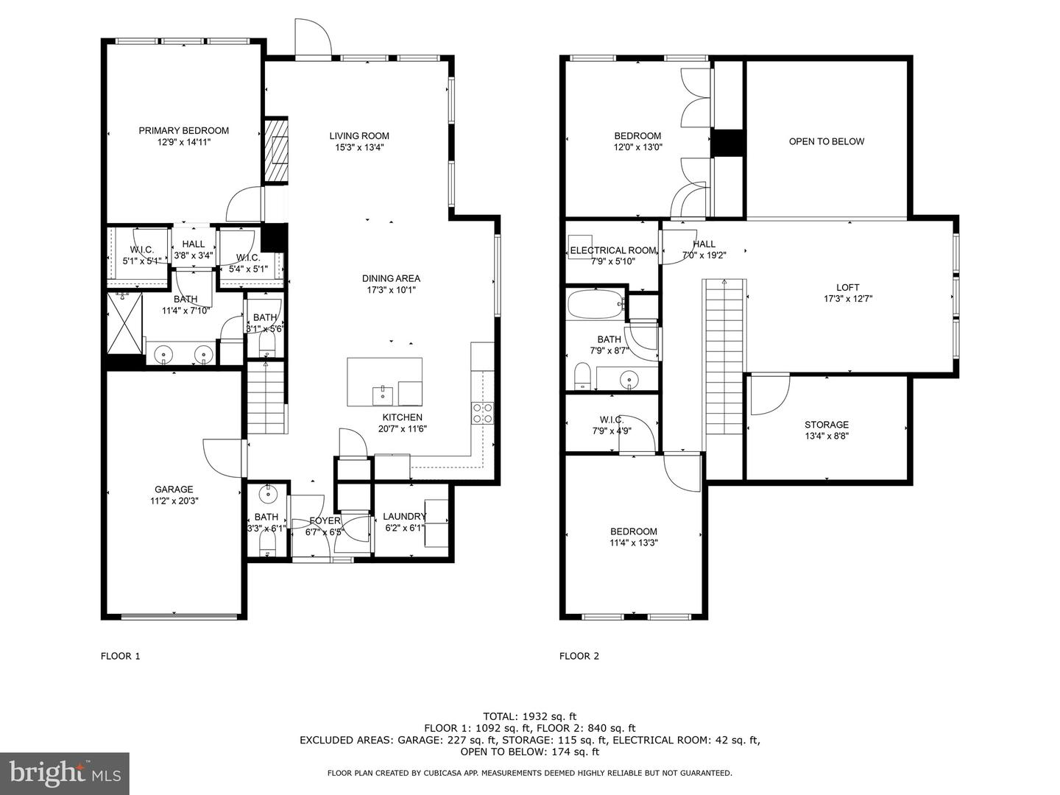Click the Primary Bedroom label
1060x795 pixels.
click(x=183, y=130)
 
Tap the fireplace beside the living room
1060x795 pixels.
click(x=276, y=150)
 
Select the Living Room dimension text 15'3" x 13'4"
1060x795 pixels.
click(x=359, y=148)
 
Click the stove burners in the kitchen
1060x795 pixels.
click(x=482, y=413)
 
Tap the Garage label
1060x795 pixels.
click(x=174, y=489)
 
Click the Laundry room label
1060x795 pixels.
click(x=405, y=517)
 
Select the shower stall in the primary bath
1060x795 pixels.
click(x=124, y=323)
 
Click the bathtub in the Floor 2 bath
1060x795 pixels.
click(x=596, y=303)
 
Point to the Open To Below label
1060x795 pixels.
click(x=826, y=141)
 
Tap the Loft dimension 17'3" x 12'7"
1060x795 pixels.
click(x=848, y=299)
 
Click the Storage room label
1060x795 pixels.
click(x=826, y=425)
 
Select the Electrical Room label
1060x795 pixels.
click(x=613, y=250)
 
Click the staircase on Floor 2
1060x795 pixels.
click(x=724, y=357)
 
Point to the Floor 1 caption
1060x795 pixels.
click(x=120, y=656)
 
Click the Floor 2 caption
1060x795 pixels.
click(x=579, y=656)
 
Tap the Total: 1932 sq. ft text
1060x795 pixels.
click(x=530, y=717)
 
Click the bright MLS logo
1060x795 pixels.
click(x=65, y=774)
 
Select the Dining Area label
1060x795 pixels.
click(x=391, y=278)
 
